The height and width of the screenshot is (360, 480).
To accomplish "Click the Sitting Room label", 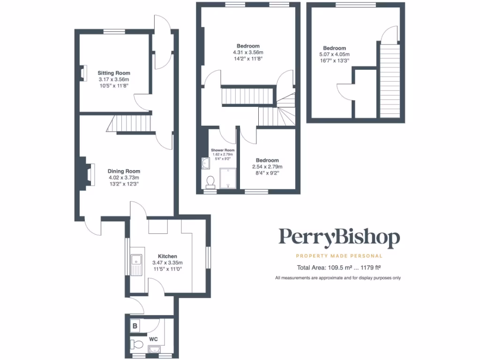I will click(113, 73).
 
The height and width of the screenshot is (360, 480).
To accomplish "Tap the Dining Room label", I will click(124, 171).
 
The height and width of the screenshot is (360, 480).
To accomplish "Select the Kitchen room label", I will click(167, 256).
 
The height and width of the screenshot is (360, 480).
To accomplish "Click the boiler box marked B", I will click(135, 326).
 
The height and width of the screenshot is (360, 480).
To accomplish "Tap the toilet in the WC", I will click(137, 345).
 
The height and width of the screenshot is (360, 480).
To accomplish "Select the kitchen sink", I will click(137, 260).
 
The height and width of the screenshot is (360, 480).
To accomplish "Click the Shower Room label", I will click(222, 150).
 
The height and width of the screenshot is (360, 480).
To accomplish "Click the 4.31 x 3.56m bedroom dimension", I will click(248, 52).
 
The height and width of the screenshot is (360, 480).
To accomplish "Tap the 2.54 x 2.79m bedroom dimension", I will click(267, 167).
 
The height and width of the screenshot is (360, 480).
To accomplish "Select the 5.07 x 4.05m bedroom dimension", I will click(334, 55).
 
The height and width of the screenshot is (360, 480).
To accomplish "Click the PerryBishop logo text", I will click(339, 238).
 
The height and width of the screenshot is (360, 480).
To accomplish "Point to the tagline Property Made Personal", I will click(339, 256).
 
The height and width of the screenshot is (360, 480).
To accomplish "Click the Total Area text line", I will click(338, 268).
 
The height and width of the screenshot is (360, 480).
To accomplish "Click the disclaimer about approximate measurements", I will click(337, 278).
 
